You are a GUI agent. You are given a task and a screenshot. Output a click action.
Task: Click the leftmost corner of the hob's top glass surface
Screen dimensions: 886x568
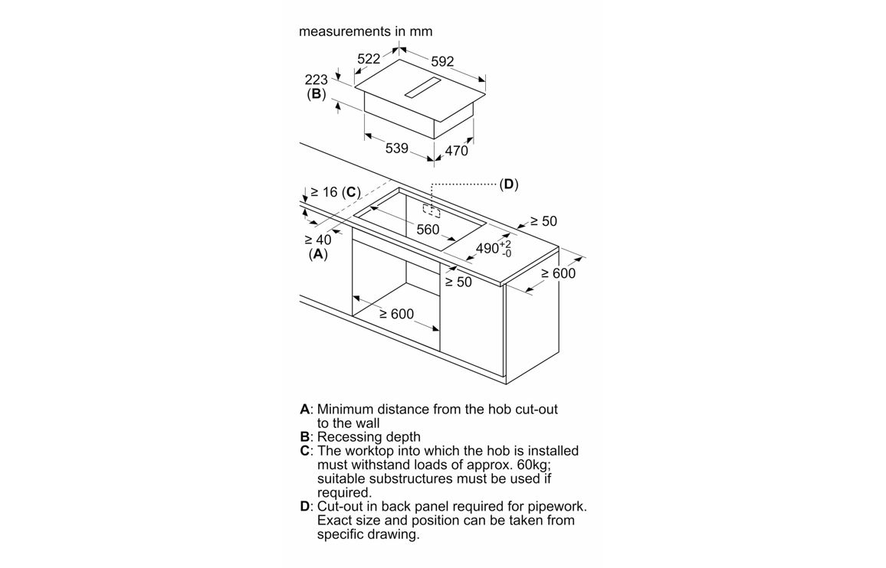coord(356,87)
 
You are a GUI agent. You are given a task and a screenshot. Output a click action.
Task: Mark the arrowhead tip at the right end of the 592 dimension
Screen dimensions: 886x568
coord(485,80)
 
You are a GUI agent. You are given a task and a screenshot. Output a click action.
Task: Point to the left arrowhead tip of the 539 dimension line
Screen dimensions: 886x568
coord(365,135)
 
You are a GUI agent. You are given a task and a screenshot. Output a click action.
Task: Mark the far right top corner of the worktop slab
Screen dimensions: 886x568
coord(559,246)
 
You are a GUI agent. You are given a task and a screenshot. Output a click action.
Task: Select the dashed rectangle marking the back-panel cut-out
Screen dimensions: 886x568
coord(432,210)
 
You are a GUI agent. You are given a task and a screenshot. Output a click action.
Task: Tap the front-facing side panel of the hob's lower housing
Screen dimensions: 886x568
coord(399,115)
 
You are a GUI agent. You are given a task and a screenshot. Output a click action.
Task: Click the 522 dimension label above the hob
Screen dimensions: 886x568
coord(369,59)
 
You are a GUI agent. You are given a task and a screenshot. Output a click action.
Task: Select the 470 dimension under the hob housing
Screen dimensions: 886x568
coord(457,151)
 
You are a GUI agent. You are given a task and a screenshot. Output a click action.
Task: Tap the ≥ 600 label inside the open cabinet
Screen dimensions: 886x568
coord(397,314)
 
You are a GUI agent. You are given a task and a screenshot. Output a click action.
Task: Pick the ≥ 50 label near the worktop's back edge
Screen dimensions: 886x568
coord(543,221)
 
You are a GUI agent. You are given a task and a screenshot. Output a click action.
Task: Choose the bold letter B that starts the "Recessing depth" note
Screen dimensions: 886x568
coord(304,437)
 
